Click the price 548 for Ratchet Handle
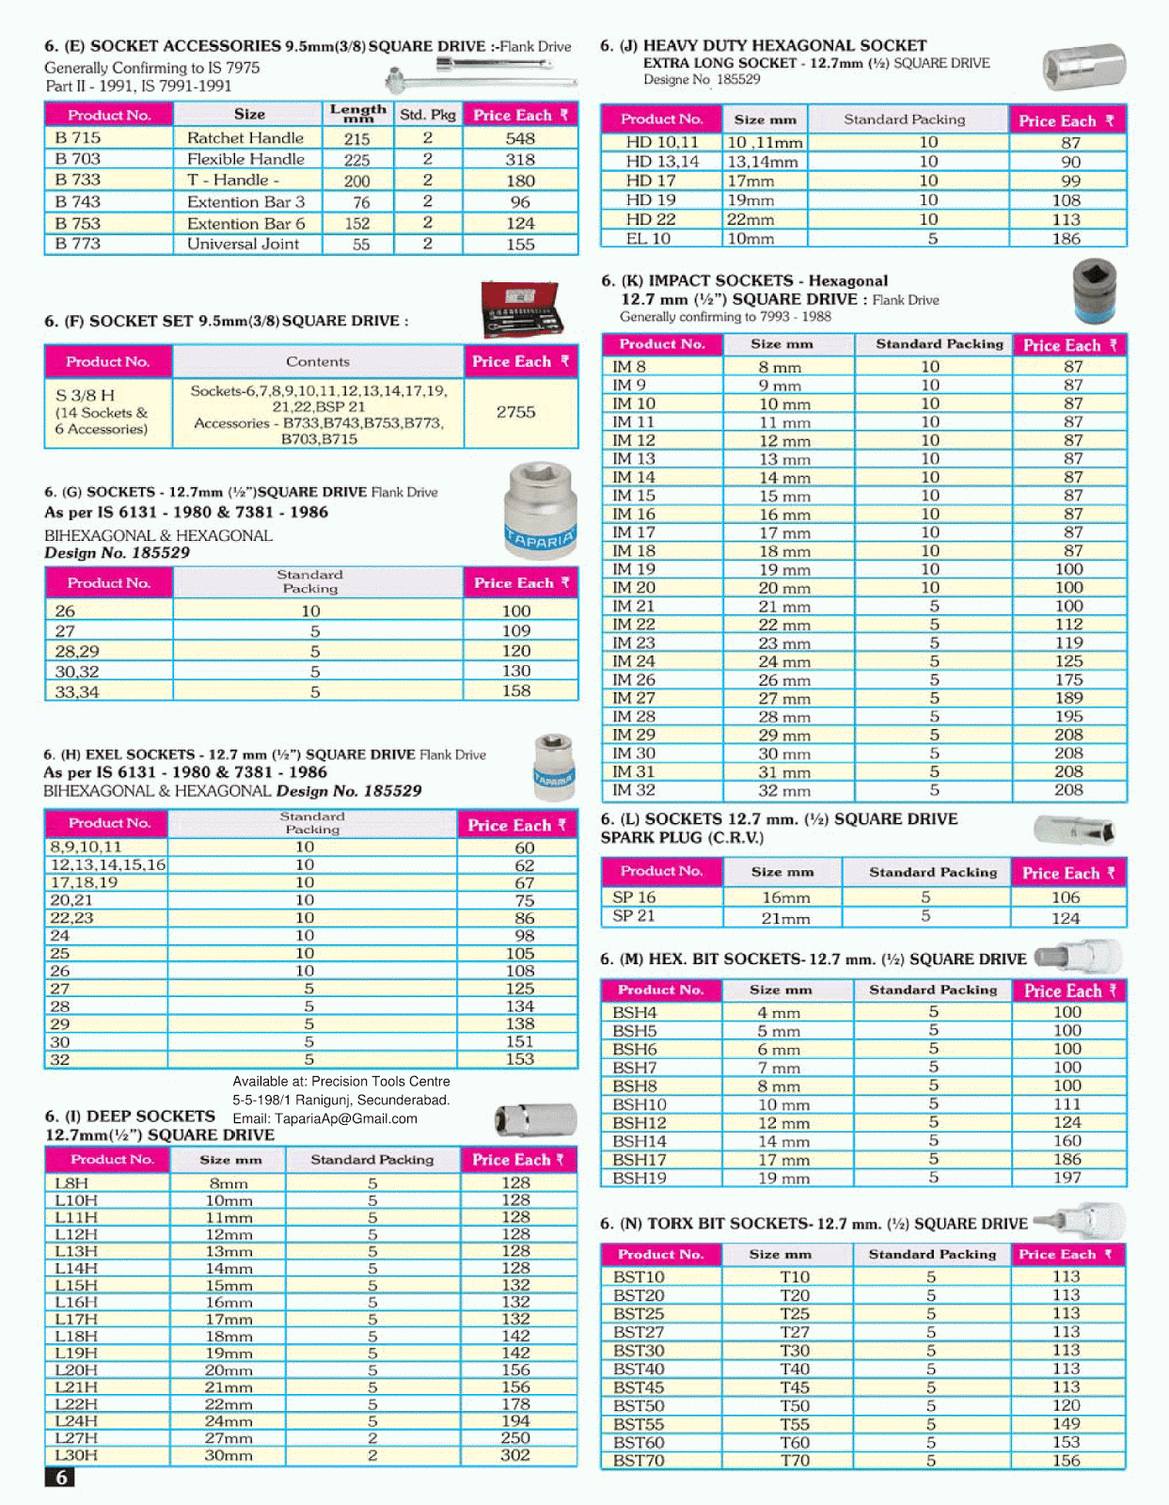pyautogui.click(x=520, y=137)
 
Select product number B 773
pyautogui.click(x=78, y=244)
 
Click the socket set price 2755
pyautogui.click(x=516, y=412)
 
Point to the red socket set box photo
pyautogui.click(x=520, y=309)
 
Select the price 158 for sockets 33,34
pyautogui.click(x=516, y=690)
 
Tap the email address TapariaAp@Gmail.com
pyautogui.click(x=324, y=1118)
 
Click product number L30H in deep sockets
pyautogui.click(x=76, y=1455)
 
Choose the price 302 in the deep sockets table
pyautogui.click(x=515, y=1455)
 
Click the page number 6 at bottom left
pyautogui.click(x=60, y=1478)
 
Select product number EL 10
pyautogui.click(x=648, y=239)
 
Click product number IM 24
pyautogui.click(x=634, y=661)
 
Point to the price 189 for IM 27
pyautogui.click(x=1068, y=698)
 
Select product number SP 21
pyautogui.click(x=634, y=916)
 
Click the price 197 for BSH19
pyautogui.click(x=1067, y=1178)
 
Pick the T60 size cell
pyautogui.click(x=795, y=1442)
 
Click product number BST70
pyautogui.click(x=639, y=1461)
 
